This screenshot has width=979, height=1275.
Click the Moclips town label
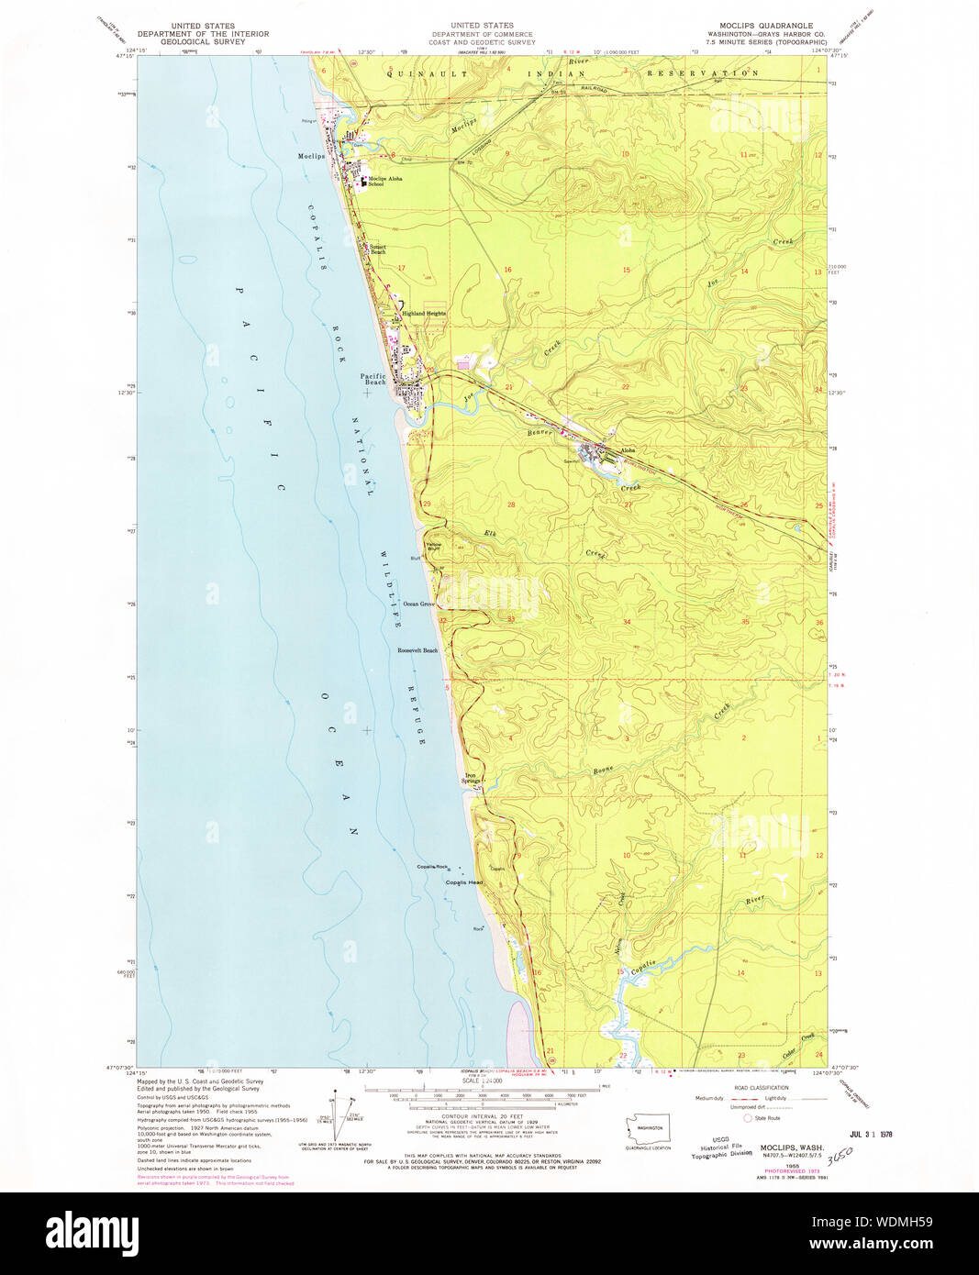click(x=311, y=156)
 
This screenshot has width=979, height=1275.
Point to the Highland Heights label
click(x=423, y=313)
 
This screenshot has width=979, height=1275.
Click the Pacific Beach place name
click(x=373, y=378)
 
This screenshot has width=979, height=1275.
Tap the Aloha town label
click(x=628, y=450)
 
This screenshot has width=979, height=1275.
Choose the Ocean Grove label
click(x=418, y=604)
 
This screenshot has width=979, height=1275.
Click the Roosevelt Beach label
click(x=417, y=650)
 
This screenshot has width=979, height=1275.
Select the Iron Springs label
click(x=471, y=778)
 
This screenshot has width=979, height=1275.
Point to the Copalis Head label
click(x=464, y=882)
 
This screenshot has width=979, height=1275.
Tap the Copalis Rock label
click(x=432, y=867)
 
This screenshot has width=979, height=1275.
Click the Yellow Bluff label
click(x=433, y=544)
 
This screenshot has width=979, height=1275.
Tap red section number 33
click(x=511, y=619)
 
